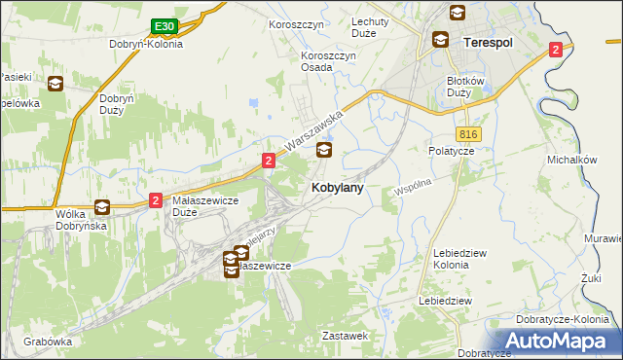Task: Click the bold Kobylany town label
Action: [x=338, y=189]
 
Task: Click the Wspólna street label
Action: [x=412, y=186]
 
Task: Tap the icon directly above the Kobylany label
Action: [x=324, y=150]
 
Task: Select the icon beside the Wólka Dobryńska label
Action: [x=101, y=206]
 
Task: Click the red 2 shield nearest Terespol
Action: [x=555, y=50]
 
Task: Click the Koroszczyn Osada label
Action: [x=328, y=62]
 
